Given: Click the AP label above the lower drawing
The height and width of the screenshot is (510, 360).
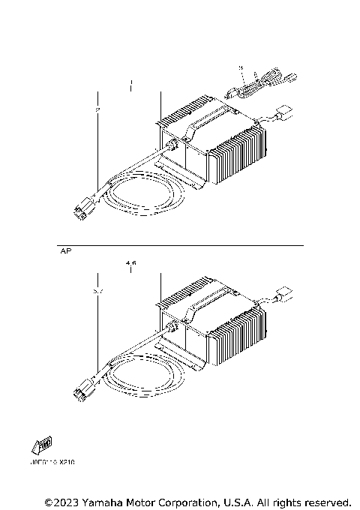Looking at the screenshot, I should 64,253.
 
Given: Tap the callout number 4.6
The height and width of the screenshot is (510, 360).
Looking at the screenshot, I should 131,263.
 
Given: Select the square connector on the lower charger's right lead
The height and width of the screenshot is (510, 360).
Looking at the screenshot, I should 284,294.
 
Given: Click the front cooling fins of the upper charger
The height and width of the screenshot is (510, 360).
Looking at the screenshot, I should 238,154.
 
